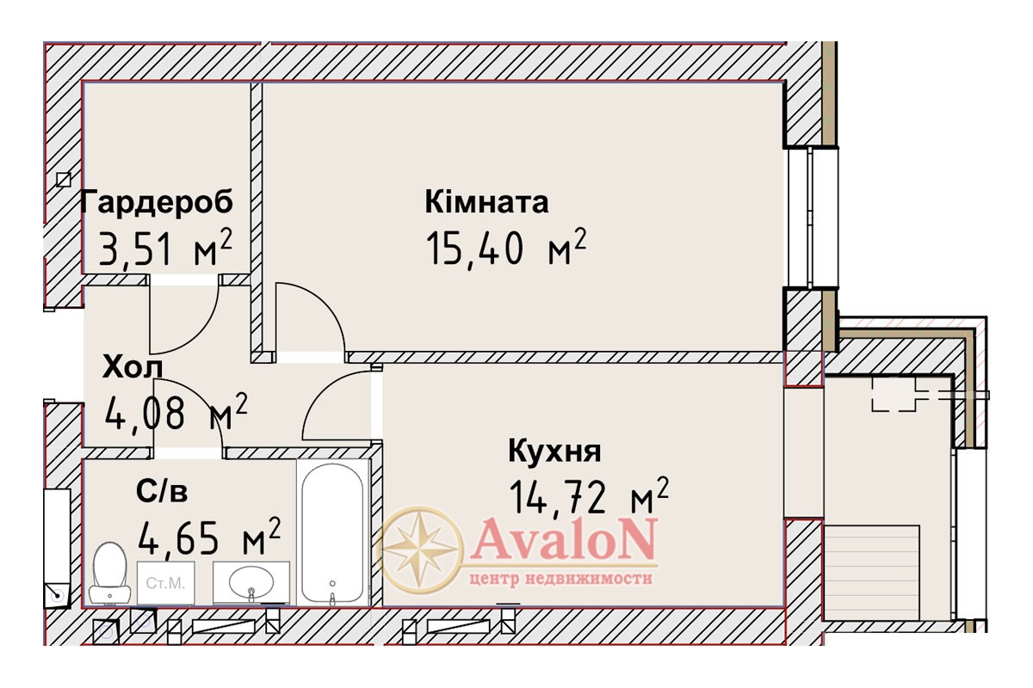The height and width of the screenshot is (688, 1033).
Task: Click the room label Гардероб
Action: pos(157,202)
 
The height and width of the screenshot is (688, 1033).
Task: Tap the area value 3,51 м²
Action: pos(165,247)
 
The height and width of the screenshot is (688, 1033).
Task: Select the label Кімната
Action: pos(487,202)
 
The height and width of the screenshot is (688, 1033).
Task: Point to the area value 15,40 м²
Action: pos(506,247)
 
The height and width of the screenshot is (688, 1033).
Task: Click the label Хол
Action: pos(133,367)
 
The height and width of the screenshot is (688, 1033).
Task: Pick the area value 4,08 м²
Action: pos(176,411)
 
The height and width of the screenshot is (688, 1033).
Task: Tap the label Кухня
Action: pos(554,451)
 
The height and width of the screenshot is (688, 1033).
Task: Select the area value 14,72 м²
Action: pos(589,496)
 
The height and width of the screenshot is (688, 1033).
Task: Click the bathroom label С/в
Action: pos(162,491)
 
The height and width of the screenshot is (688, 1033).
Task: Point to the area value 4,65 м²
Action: pos(209,537)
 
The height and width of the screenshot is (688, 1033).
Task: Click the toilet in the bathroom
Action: pos(110,573)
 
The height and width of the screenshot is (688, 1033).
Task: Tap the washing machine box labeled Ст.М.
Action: pos(166,583)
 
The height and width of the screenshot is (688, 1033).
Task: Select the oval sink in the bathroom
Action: pos(251,582)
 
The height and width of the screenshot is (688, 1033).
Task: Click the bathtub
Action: pos(332,533)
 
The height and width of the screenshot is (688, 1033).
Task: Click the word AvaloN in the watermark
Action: pos(564,538)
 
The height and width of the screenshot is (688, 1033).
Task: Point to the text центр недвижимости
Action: pos(560,579)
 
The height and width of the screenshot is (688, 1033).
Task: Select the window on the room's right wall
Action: pos(812,217)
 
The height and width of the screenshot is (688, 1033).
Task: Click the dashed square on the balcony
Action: pos(894,394)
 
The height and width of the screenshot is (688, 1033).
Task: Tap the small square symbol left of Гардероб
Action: pos(64,179)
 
